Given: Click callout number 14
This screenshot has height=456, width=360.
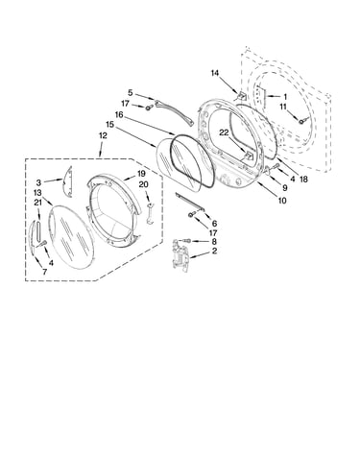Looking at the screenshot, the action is [215, 73].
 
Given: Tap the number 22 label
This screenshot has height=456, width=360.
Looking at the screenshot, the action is [224, 132].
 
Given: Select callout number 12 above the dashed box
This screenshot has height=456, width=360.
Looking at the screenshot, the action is [103, 135].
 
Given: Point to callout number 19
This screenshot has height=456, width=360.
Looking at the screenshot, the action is [141, 174].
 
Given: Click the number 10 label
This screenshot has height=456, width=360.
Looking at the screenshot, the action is [282, 201].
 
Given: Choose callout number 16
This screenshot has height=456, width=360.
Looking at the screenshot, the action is [119, 114].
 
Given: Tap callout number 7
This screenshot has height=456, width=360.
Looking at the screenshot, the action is [45, 272].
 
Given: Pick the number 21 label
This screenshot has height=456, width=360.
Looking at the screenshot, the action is [38, 203].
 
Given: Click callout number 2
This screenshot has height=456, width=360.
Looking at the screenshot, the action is [214, 251].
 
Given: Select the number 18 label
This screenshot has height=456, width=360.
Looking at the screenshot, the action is [303, 180].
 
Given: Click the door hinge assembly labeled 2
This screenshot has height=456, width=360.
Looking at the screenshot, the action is [180, 252].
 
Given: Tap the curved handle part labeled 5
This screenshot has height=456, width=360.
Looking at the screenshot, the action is [175, 112].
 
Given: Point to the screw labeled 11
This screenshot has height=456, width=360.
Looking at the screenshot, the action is [301, 121].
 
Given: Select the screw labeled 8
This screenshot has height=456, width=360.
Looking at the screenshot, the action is [187, 240].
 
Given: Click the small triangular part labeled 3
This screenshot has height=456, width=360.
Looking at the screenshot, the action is [68, 181].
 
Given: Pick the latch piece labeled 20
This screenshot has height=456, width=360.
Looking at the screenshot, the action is [150, 213].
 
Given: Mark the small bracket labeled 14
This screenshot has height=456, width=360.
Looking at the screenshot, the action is [242, 96].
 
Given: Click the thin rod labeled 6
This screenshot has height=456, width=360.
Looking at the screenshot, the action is [189, 202].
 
